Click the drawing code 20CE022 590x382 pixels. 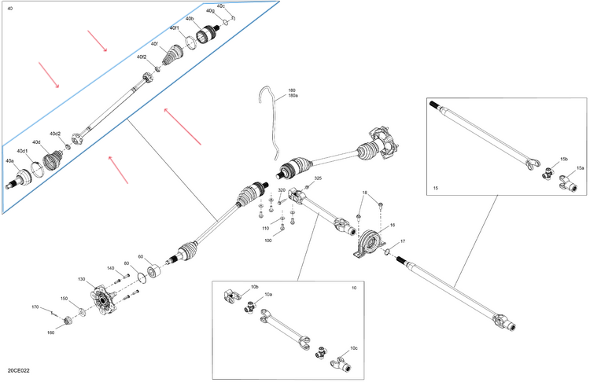tap(19, 369)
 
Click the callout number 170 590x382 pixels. tap(35, 307)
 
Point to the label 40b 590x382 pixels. tap(190, 18)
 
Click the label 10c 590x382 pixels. tap(354, 347)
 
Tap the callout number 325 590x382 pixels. tap(318, 178)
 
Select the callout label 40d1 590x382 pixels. tap(22, 151)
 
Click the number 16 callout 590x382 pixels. tap(393, 226)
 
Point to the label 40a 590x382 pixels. tap(9, 161)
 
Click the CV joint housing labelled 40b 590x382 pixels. tap(207, 36)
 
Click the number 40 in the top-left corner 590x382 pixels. tap(9, 8)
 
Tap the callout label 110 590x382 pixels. tap(266, 228)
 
